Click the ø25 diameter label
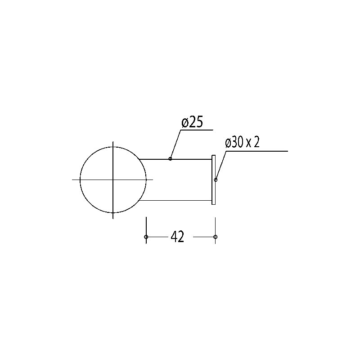pyautogui.click(x=192, y=122)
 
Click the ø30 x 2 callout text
pyautogui.click(x=242, y=143)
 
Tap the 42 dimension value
pyautogui.click(x=177, y=237)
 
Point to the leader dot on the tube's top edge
pyautogui.click(x=170, y=159)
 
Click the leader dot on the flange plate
pyautogui.click(x=216, y=180)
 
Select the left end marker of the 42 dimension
pyautogui.click(x=146, y=237)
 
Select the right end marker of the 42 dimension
pyautogui.click(x=215, y=237)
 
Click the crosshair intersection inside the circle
pyautogui.click(x=113, y=180)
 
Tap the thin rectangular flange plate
pyautogui.click(x=213, y=180)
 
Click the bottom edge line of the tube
pyautogui.click(x=175, y=200)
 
